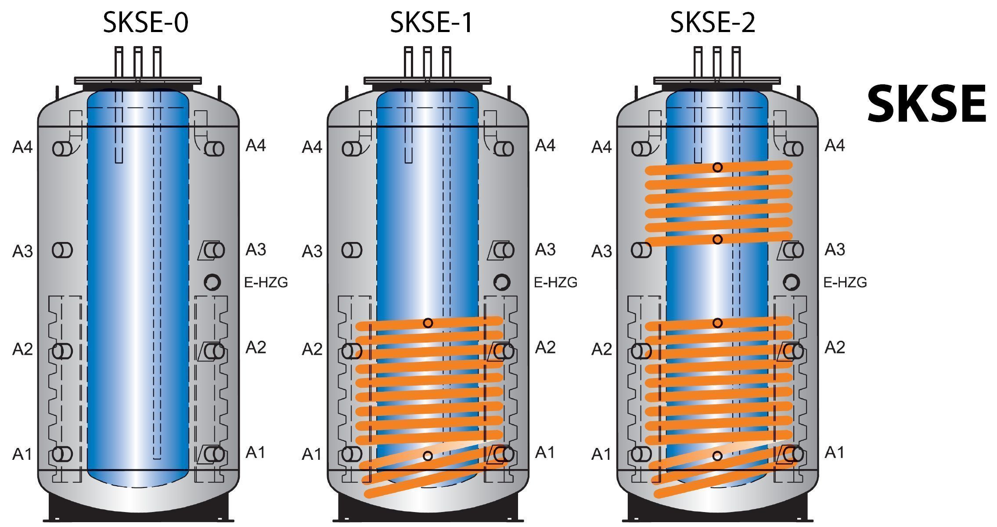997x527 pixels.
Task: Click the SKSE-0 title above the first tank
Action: (x=145, y=23)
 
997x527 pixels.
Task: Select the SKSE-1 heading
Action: (x=431, y=23)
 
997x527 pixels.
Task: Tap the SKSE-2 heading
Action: (x=712, y=23)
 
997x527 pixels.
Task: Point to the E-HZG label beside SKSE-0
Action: (x=266, y=282)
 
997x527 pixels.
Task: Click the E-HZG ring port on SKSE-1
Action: (x=502, y=282)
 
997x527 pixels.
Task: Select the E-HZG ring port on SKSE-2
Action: (x=791, y=282)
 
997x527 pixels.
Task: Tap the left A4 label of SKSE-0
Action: (x=22, y=147)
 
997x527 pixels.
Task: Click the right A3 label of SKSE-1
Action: (x=545, y=249)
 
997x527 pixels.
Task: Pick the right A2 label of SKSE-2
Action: (x=835, y=347)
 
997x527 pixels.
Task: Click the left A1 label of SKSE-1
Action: (x=312, y=454)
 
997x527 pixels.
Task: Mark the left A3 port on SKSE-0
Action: (x=62, y=250)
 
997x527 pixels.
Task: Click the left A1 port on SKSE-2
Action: (x=641, y=454)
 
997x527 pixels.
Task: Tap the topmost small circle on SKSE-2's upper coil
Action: (x=717, y=167)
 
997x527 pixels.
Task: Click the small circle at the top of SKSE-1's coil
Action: (x=428, y=323)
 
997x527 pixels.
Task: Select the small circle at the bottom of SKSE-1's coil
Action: (x=428, y=456)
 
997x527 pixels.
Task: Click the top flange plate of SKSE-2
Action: (x=717, y=80)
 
